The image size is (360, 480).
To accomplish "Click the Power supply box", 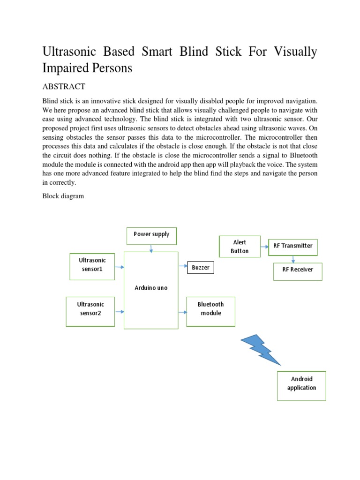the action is [151, 235].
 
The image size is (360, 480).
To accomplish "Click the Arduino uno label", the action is [151, 288].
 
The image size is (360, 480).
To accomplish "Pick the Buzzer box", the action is [201, 268].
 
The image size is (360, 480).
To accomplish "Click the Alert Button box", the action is [240, 247].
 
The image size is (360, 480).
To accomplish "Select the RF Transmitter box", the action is [292, 246].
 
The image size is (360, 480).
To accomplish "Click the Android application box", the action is [301, 385].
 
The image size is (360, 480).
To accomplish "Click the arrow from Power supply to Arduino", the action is [151, 248].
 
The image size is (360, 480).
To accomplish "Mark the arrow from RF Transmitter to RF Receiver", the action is [293, 259].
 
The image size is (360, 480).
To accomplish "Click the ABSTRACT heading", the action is [64, 87].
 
